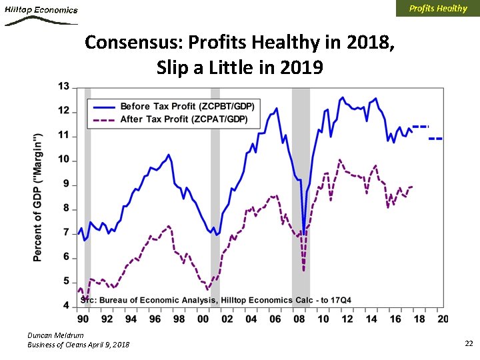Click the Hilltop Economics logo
pyautogui.click(x=41, y=14)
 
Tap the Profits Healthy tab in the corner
pyautogui.click(x=437, y=9)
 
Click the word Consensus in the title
pyautogui.click(x=135, y=43)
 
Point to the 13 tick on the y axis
pyautogui.click(x=64, y=87)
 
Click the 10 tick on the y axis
pyautogui.click(x=64, y=160)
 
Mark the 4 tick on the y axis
pyautogui.click(x=66, y=306)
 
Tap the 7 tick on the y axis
pyautogui.click(x=66, y=233)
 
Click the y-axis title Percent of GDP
pyautogui.click(x=38, y=197)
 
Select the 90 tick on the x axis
pyautogui.click(x=82, y=319)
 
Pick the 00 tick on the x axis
pyautogui.click(x=203, y=319)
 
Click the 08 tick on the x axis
pyautogui.click(x=299, y=319)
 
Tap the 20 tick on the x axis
pyautogui.click(x=443, y=319)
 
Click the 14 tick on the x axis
pyautogui.click(x=371, y=319)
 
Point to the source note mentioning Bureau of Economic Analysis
pyautogui.click(x=216, y=299)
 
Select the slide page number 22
pyautogui.click(x=468, y=343)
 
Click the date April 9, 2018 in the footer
pyautogui.click(x=107, y=344)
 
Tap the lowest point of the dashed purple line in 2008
pyautogui.click(x=304, y=270)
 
